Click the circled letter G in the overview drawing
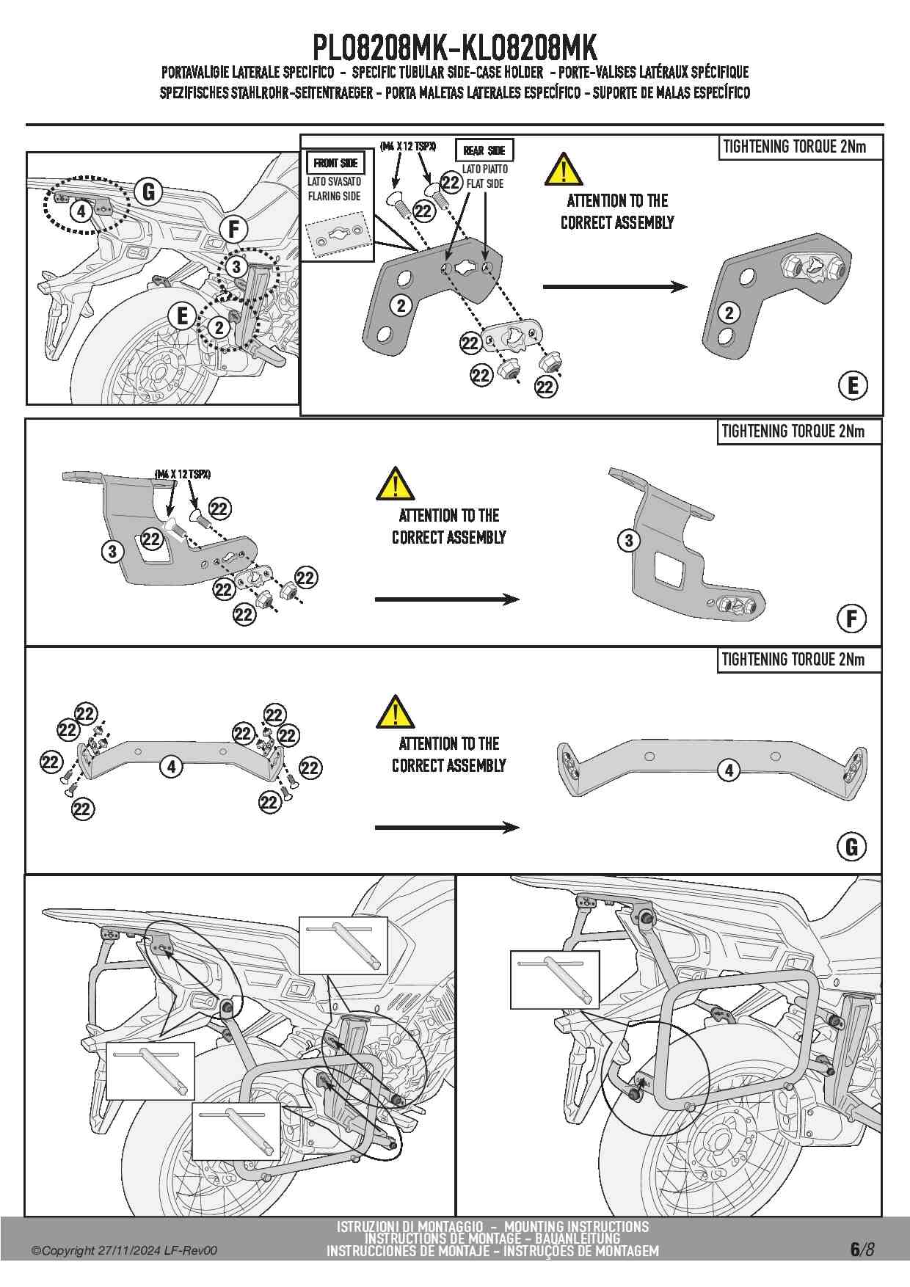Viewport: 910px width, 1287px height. tap(148, 192)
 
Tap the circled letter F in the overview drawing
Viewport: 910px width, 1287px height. tap(233, 230)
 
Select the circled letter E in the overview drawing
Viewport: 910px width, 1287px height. tap(181, 316)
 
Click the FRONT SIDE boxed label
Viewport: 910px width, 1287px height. tap(335, 163)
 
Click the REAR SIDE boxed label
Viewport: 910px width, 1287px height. tap(484, 150)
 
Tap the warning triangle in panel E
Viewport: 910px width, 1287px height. tap(563, 170)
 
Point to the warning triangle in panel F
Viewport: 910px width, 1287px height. tap(395, 484)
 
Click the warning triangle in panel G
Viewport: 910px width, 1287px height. tap(395, 712)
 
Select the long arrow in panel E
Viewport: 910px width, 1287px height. tap(614, 287)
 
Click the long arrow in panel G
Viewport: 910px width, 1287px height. tap(447, 828)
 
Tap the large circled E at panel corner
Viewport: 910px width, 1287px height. tap(853, 386)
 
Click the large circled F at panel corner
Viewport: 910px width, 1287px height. tap(851, 619)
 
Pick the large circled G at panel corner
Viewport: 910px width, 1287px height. tap(851, 847)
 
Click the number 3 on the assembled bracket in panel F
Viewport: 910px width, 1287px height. tap(629, 541)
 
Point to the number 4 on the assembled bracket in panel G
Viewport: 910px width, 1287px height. tap(729, 770)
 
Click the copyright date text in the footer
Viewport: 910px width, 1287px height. tap(124, 1251)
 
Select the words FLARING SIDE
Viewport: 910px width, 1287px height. tap(334, 196)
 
